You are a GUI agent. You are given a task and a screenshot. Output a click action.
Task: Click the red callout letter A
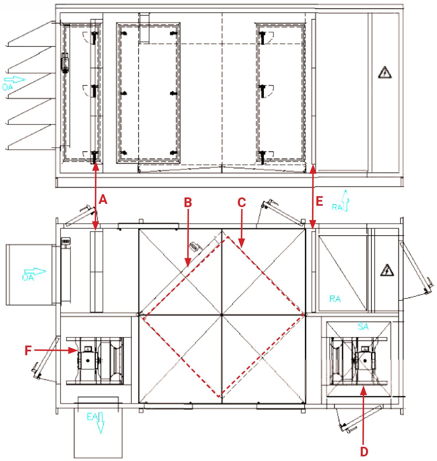[x=103, y=200]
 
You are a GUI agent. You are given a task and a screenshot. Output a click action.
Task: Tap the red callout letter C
[x=241, y=202]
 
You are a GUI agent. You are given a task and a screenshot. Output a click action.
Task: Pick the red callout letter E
[x=319, y=201]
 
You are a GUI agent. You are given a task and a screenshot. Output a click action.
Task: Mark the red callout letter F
[x=28, y=351]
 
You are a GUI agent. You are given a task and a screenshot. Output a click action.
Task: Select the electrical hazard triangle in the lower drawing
[x=387, y=270]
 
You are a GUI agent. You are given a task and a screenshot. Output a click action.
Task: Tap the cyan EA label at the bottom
[x=91, y=417]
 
